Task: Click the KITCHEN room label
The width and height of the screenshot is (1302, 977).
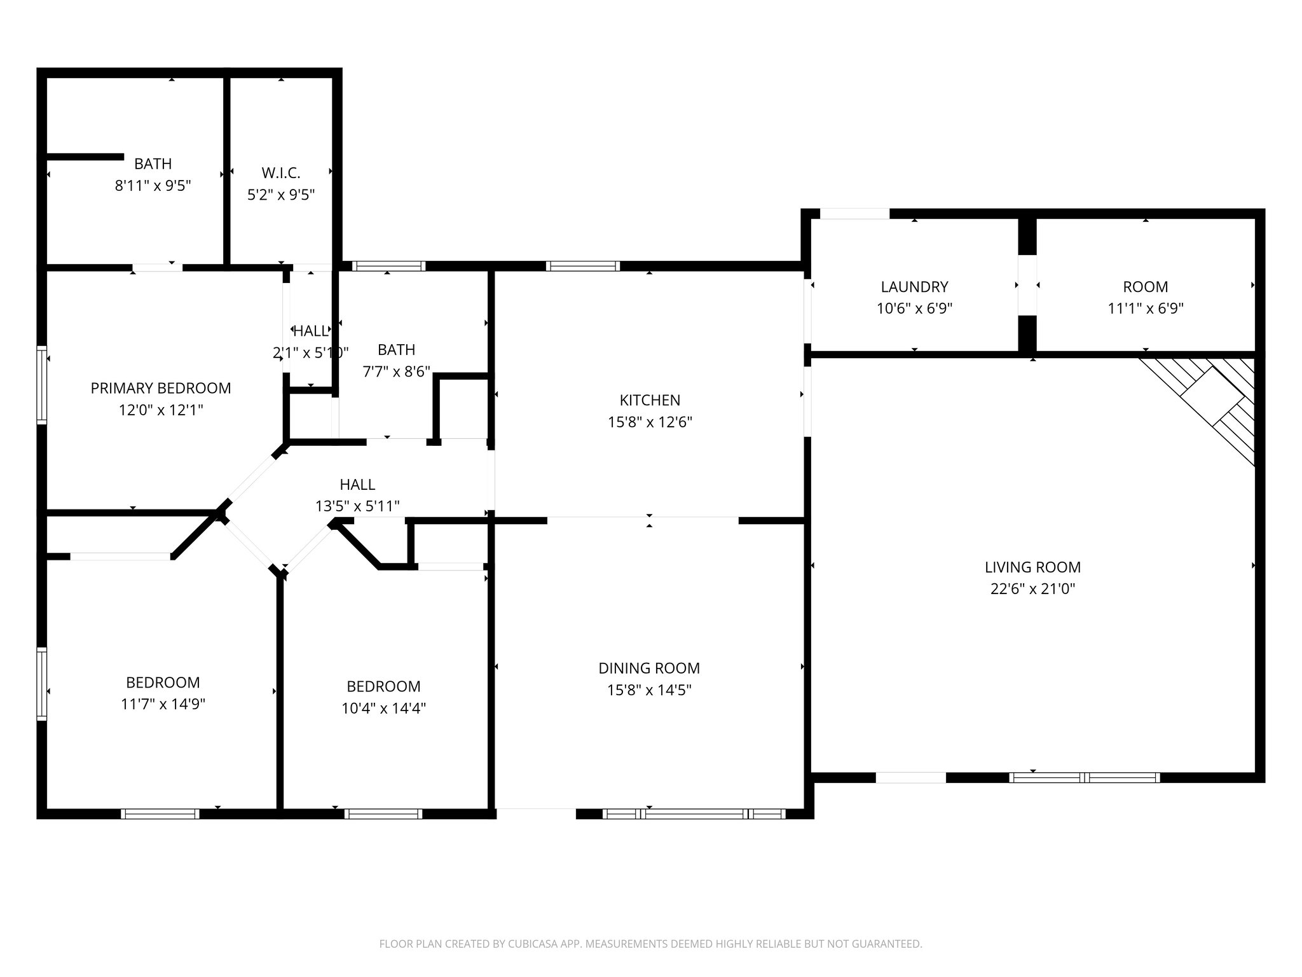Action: coord(650,400)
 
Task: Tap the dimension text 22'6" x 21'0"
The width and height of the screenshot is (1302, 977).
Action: coord(1032,589)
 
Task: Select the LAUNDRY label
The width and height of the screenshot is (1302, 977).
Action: coord(914,287)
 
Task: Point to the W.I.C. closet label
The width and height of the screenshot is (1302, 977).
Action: coord(280,173)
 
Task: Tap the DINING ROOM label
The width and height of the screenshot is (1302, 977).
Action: coord(649,669)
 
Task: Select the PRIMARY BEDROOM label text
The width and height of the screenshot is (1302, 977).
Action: coord(161,388)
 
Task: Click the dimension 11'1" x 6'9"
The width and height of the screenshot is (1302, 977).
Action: coord(1145,308)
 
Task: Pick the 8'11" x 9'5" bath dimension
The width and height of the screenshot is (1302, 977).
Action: coord(153,186)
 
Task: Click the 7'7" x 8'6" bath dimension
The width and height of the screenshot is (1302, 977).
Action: coord(396,371)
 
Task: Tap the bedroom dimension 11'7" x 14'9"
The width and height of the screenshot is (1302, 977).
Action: coord(163,704)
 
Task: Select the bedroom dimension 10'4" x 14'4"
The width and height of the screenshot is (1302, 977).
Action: coord(383,708)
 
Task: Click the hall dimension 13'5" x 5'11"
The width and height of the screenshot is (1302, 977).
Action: coord(357,506)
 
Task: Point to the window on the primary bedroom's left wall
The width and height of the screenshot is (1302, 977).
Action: coord(42,385)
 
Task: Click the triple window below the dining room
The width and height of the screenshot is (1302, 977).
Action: coord(694,814)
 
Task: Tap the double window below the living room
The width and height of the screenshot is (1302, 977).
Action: coord(1085,777)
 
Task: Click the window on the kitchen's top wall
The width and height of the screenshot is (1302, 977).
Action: coord(582,266)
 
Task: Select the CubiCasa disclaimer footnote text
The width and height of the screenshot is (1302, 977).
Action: coord(650,944)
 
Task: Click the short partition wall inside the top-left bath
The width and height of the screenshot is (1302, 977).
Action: coord(85,156)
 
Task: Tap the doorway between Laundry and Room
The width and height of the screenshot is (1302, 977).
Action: coord(1027,285)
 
